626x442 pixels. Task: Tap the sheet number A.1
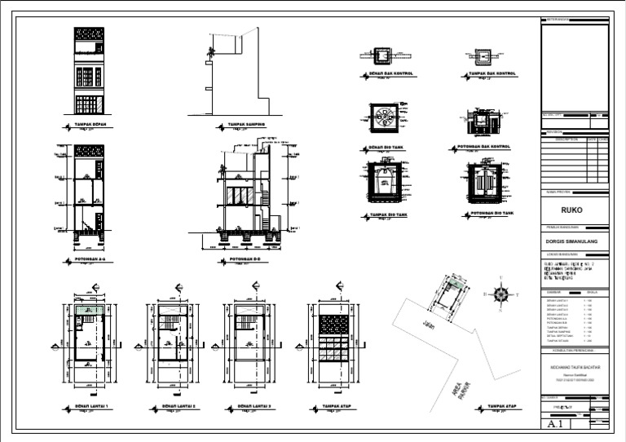pos(557,425)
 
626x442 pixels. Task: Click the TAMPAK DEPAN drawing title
pos(90,126)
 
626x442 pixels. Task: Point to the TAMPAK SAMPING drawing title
pos(243,126)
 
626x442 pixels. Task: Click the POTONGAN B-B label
pos(245,261)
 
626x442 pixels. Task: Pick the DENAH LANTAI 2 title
pos(179,405)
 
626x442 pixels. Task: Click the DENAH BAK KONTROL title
pos(391,73)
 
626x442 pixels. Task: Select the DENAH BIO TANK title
pos(387,148)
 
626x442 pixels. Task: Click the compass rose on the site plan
pos(503,294)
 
